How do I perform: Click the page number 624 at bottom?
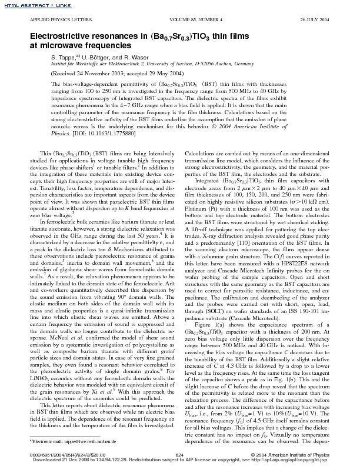pyautogui.click(x=180, y=455)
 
